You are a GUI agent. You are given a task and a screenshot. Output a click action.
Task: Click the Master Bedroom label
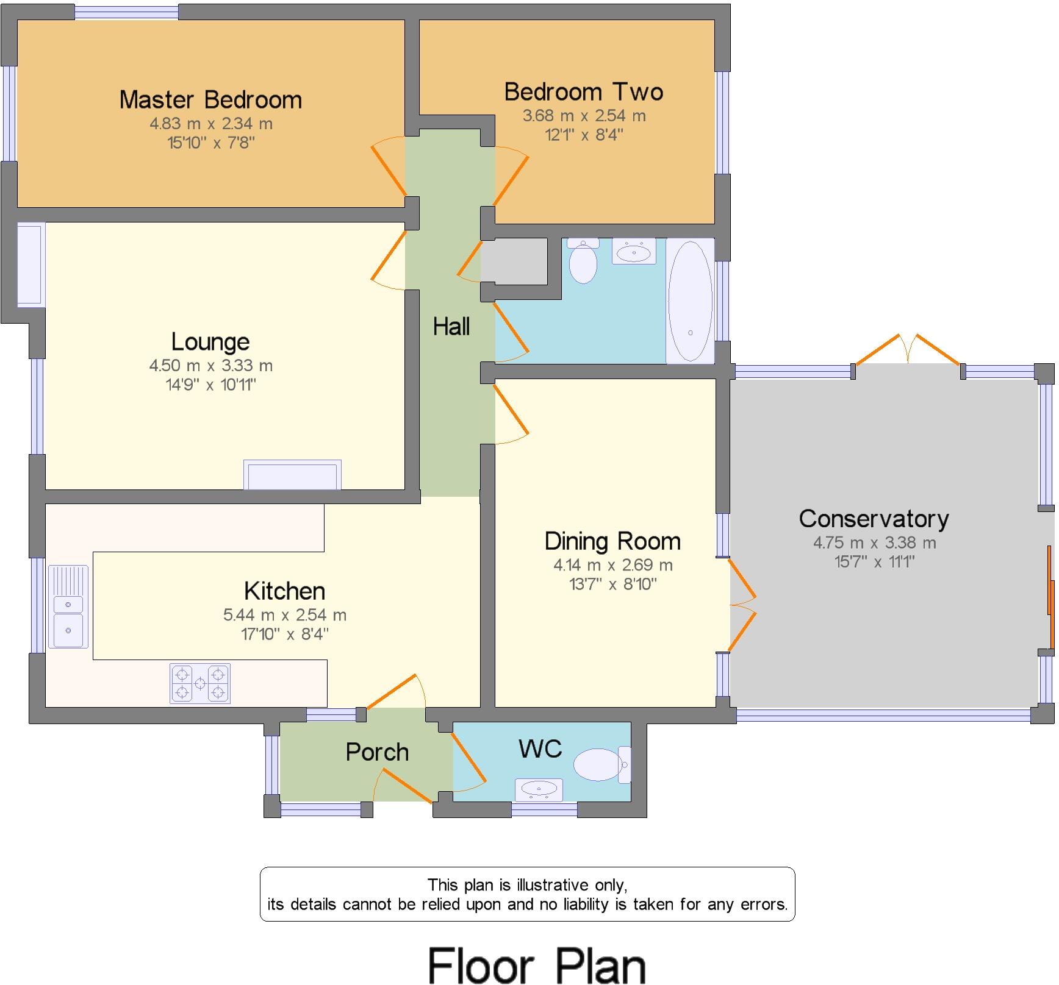(x=210, y=100)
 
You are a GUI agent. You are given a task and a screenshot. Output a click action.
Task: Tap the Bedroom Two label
(x=583, y=92)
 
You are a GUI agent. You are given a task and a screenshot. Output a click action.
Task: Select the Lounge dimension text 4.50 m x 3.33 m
(x=210, y=366)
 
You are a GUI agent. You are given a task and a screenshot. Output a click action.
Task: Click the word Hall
(x=451, y=327)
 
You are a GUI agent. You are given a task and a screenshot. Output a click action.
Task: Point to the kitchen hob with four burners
(x=200, y=683)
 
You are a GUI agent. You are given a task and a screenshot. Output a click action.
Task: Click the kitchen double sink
(x=68, y=607)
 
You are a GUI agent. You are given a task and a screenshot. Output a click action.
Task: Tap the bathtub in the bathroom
(x=690, y=301)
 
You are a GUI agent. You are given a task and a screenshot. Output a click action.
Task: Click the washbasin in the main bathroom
(x=634, y=251)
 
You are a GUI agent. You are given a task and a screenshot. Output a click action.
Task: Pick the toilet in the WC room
(x=600, y=764)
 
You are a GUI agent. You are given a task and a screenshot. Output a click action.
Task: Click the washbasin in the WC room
(x=539, y=790)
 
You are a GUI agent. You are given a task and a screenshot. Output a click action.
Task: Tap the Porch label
(x=377, y=752)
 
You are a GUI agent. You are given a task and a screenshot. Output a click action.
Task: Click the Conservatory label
(x=874, y=519)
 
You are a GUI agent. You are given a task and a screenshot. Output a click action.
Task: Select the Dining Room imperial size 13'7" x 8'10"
(x=612, y=584)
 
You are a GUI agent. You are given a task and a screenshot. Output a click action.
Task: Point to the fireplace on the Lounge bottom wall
(x=292, y=475)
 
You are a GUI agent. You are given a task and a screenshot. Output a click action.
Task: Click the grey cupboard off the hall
(x=514, y=261)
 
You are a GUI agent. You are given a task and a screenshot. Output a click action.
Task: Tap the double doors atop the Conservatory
(x=908, y=350)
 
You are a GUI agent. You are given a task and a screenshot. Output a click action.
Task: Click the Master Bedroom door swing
(x=389, y=165)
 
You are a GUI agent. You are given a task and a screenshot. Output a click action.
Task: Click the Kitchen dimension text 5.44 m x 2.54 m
(x=284, y=615)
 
